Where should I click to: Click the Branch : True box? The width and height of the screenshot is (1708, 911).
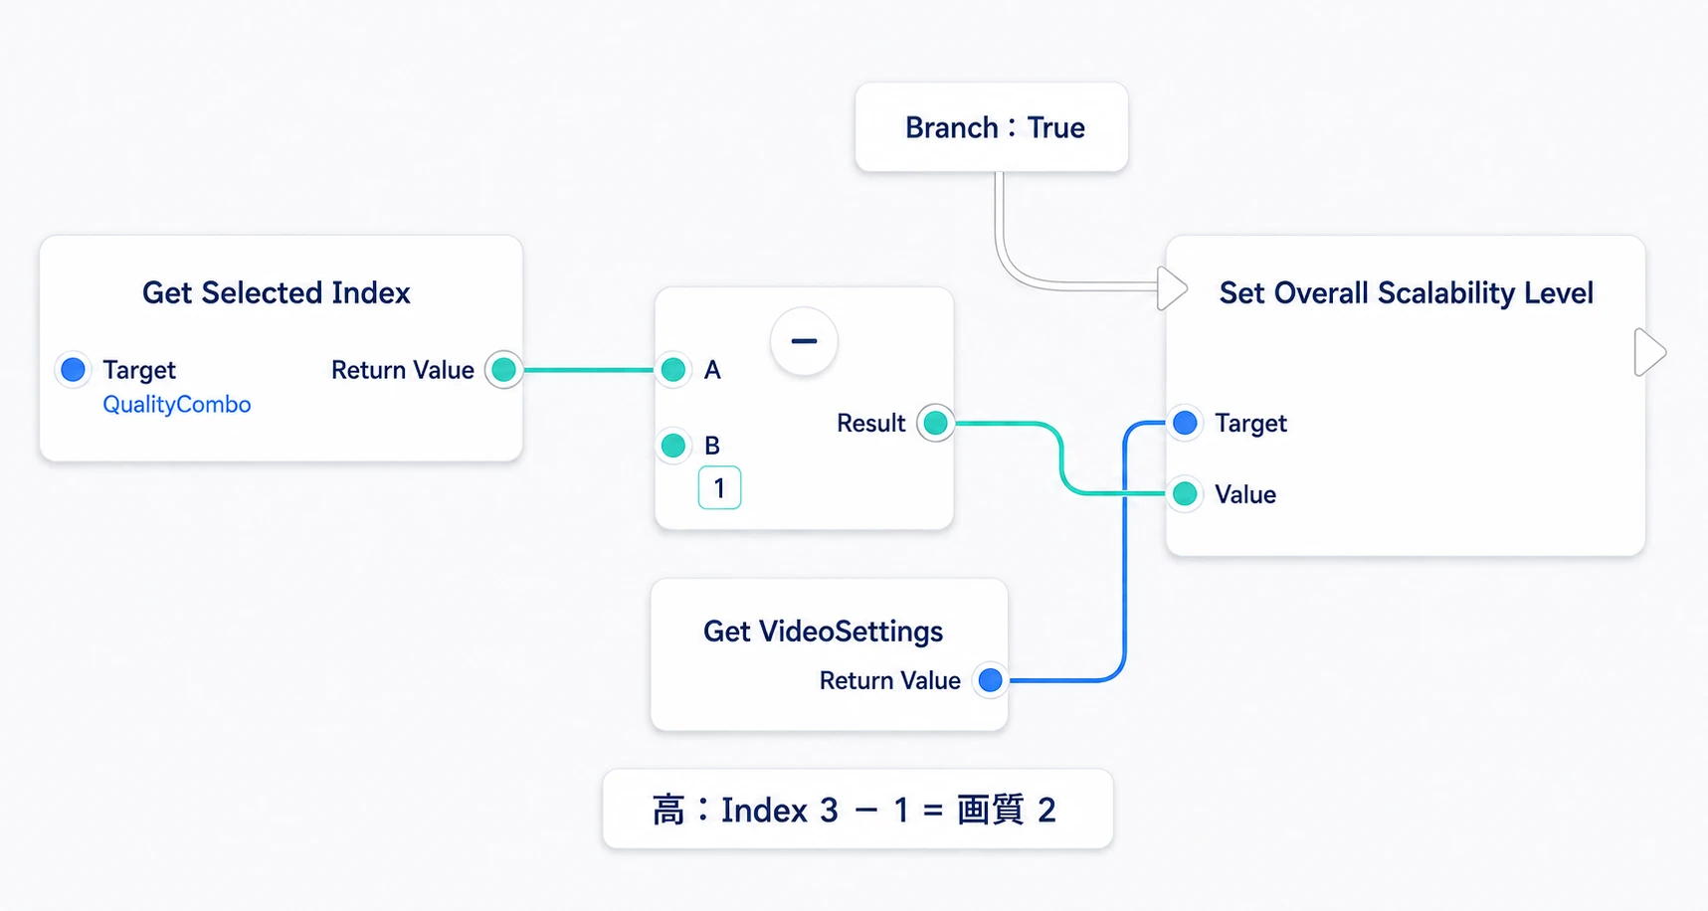992,127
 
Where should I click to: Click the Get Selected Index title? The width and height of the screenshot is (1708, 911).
277,292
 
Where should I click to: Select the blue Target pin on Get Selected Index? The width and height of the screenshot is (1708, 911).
73,370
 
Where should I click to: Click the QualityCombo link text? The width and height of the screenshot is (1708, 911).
177,405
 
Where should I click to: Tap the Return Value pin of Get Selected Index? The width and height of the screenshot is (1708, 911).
504,370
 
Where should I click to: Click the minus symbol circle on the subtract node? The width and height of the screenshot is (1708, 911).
804,341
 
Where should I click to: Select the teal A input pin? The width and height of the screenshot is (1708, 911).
673,370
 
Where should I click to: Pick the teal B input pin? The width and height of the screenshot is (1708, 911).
673,445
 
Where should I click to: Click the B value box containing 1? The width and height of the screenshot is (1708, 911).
719,488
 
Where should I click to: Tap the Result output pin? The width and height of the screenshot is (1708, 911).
935,423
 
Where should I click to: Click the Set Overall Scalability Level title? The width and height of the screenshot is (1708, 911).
1407,292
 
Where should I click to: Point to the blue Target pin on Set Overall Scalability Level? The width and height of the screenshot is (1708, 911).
1185,423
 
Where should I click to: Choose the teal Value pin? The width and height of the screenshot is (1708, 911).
1185,493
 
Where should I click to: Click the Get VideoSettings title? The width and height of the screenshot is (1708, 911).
823,632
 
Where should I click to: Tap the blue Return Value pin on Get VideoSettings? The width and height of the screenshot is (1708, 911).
990,680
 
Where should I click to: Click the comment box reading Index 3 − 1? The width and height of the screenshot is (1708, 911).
857,809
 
